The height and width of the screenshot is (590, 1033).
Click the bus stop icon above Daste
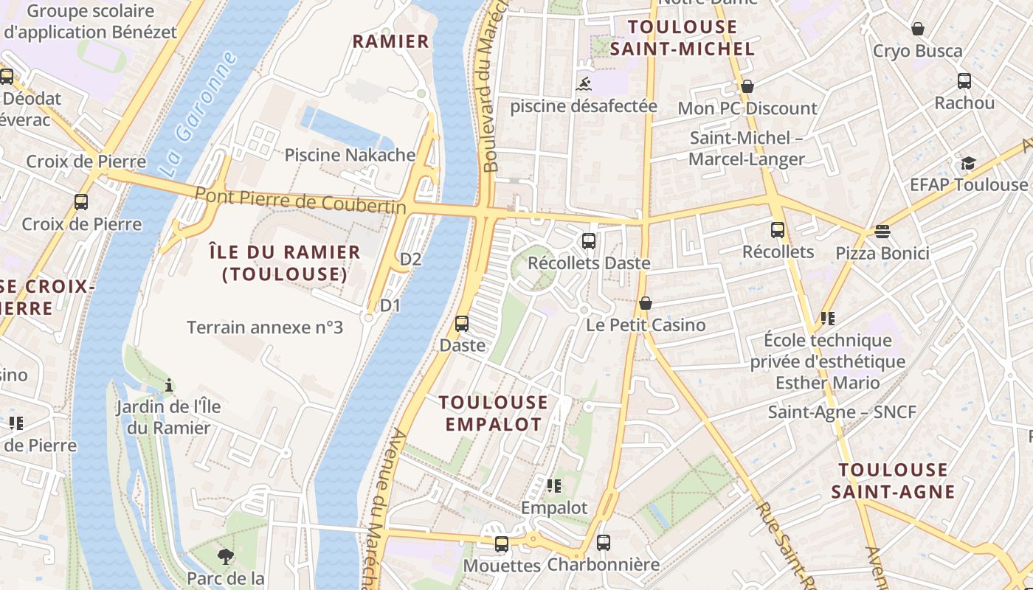point(462,323)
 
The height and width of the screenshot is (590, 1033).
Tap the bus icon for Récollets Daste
point(588,240)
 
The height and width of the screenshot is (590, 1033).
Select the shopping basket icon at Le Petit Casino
point(646,303)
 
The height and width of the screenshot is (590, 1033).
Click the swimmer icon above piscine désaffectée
point(584,83)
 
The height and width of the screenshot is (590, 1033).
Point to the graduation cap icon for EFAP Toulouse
point(967,163)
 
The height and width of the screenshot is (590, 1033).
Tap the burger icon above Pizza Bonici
point(882,232)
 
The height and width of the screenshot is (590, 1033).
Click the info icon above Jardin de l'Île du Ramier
point(169,384)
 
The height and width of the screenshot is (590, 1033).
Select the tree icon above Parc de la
point(226,556)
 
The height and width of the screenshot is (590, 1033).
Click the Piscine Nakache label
point(350,155)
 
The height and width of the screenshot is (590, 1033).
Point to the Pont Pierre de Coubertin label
point(300,201)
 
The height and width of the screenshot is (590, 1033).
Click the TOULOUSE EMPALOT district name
point(494,413)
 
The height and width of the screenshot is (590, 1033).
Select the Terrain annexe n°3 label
point(265,327)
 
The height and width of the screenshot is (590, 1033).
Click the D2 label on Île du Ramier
point(410,259)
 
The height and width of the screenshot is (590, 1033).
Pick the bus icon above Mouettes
point(502,544)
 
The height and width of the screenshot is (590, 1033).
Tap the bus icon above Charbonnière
point(604,543)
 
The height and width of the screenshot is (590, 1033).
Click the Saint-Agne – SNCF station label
point(842,412)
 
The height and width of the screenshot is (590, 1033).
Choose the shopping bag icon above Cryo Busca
point(917,29)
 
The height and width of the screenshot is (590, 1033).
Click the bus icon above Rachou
point(964,81)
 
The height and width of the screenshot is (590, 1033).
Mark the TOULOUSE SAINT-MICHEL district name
point(683,38)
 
